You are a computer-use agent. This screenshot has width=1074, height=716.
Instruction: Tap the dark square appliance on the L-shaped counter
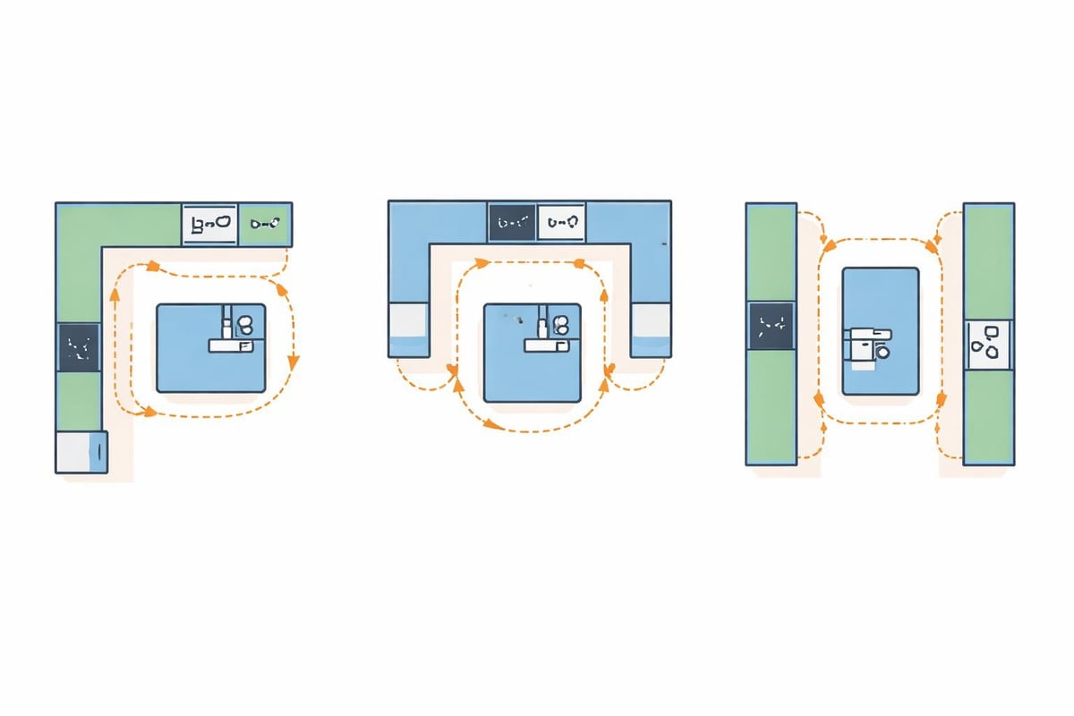[x=79, y=347]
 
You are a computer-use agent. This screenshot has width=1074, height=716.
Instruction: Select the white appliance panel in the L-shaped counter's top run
[x=210, y=224]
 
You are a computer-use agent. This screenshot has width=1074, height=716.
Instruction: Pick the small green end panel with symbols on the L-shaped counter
[x=266, y=224]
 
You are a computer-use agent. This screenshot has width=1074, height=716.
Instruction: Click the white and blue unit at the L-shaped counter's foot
[x=81, y=452]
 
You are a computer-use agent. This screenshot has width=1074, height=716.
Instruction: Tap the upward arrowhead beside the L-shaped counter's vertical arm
[x=114, y=294]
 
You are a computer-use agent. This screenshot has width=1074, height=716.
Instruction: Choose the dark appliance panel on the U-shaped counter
[x=513, y=221]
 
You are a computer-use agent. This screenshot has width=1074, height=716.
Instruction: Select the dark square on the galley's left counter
[x=771, y=325]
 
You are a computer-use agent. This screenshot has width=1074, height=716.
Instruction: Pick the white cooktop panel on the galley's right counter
[x=988, y=345]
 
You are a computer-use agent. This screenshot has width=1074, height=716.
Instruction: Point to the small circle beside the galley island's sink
[x=884, y=354]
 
